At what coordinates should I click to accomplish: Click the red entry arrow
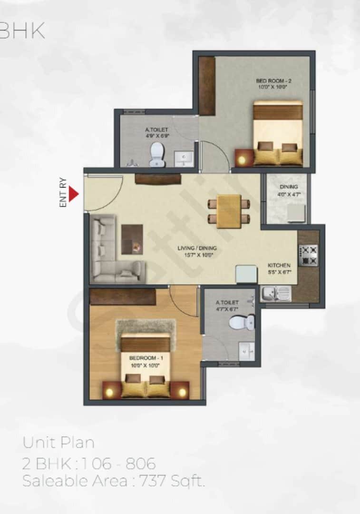point(73,194)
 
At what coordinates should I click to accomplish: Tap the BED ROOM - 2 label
point(273,81)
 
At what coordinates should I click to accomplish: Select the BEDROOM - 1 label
point(144,357)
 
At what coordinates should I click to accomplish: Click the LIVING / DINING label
point(197,248)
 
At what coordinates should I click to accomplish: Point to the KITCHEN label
point(279,265)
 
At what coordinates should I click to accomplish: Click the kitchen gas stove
point(308,255)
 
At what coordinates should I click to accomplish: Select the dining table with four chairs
point(229,211)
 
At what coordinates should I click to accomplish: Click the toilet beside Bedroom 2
point(156,155)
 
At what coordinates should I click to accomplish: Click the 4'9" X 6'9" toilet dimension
point(157,136)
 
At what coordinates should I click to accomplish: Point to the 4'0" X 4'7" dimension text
point(289,194)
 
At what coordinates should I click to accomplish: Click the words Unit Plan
point(58,443)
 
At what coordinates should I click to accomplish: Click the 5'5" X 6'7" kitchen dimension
point(279,272)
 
